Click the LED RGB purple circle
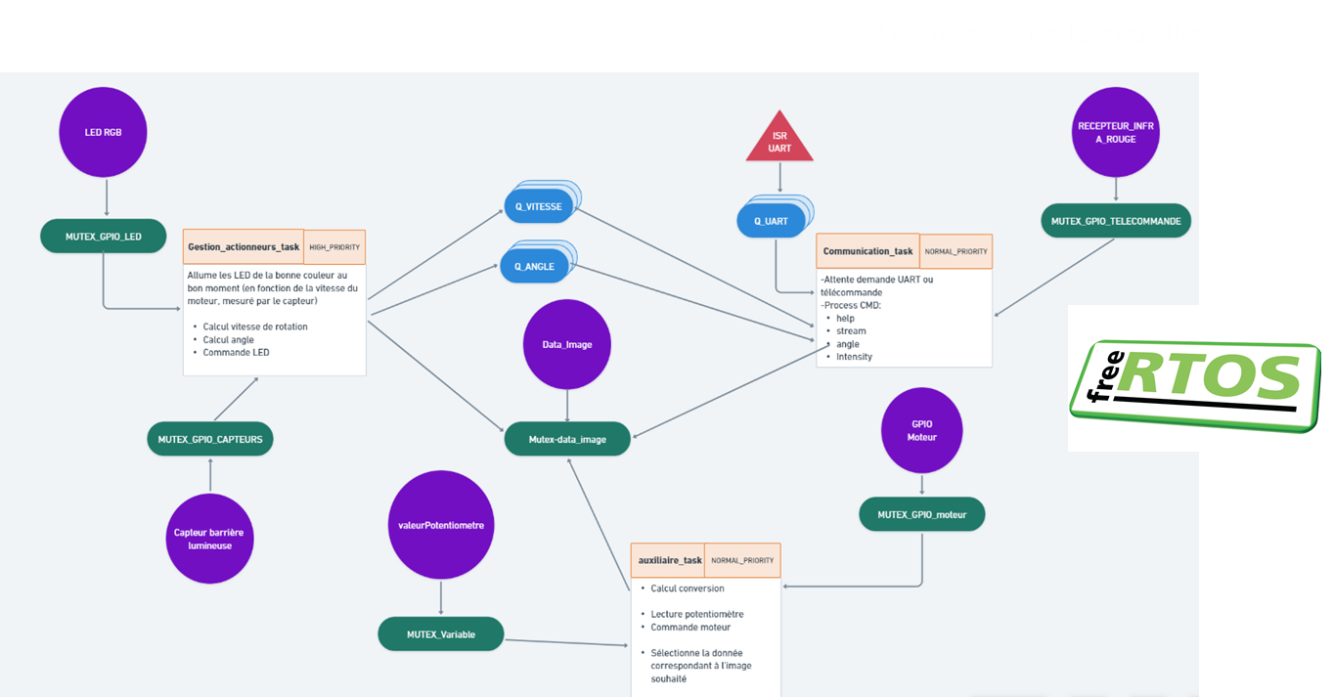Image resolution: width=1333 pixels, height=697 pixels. pyautogui.click(x=105, y=132)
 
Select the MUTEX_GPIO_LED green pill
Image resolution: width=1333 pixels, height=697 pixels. pyautogui.click(x=104, y=236)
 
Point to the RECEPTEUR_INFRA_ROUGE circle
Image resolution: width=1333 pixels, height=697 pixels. pyautogui.click(x=1115, y=132)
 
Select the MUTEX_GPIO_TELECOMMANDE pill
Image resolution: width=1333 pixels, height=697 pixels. pyautogui.click(x=1116, y=221)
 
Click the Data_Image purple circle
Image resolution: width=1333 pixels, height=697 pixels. pyautogui.click(x=567, y=343)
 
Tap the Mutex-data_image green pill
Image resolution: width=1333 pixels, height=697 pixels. pyautogui.click(x=567, y=439)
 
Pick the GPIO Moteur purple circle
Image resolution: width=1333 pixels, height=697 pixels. pyautogui.click(x=921, y=430)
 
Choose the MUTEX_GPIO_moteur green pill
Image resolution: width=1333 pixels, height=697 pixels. pyautogui.click(x=921, y=514)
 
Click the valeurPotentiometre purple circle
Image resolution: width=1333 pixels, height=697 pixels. pyautogui.click(x=441, y=526)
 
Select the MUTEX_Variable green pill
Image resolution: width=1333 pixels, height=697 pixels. pyautogui.click(x=441, y=634)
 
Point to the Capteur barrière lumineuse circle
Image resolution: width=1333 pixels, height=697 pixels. pyautogui.click(x=210, y=539)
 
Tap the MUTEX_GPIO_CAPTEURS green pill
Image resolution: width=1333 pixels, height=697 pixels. pyautogui.click(x=210, y=439)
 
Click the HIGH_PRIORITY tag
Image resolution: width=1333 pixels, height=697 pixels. pyautogui.click(x=334, y=247)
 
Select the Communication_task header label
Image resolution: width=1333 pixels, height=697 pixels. pyautogui.click(x=867, y=251)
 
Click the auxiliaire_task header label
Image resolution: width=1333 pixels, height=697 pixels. pyautogui.click(x=670, y=560)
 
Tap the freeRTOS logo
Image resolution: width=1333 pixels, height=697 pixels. pyautogui.click(x=1194, y=378)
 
